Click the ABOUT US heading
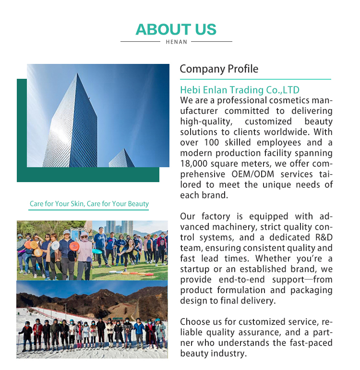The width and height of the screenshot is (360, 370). point(176,29)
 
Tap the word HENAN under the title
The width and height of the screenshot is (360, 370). point(176,42)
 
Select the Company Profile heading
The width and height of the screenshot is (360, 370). point(219,69)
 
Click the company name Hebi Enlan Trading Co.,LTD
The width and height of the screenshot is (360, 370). point(240,90)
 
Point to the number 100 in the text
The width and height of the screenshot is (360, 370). point(212,143)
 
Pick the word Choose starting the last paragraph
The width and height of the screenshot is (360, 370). point(194,322)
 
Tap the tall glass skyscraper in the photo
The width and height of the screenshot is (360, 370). point(72,125)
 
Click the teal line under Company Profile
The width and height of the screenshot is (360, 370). point(255,79)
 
